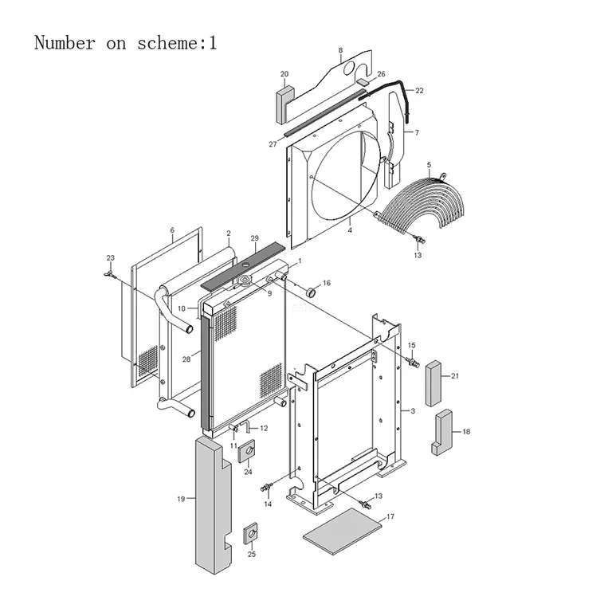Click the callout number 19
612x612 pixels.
click(181, 499)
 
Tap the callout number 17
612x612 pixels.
click(390, 516)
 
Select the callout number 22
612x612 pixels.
click(419, 91)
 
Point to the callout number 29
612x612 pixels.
click(254, 238)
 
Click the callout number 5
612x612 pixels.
click(429, 165)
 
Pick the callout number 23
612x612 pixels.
click(111, 258)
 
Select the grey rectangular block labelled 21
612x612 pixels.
click(433, 383)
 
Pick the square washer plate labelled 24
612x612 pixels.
click(247, 451)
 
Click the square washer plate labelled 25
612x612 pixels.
click(251, 533)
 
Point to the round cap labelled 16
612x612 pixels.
click(312, 291)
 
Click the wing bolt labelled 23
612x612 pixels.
click(110, 274)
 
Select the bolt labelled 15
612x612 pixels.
click(413, 362)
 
